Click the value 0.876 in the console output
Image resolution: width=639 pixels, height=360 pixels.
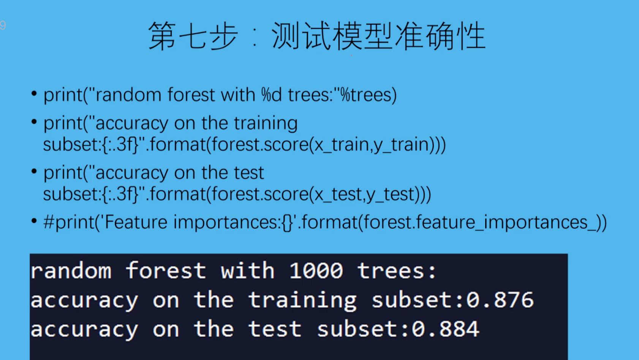pyautogui.click(x=500, y=300)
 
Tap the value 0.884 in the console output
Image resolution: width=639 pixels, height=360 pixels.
pyautogui.click(x=445, y=329)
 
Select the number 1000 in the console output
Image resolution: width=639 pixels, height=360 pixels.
pyautogui.click(x=316, y=270)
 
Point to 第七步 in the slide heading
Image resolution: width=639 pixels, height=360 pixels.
pyautogui.click(x=193, y=36)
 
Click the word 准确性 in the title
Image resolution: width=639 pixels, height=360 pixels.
pyautogui.click(x=440, y=36)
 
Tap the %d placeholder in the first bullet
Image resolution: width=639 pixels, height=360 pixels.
pyautogui.click(x=271, y=95)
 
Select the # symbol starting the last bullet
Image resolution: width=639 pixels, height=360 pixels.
pyautogui.click(x=49, y=222)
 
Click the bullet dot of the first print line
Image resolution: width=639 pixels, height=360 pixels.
pyautogui.click(x=34, y=93)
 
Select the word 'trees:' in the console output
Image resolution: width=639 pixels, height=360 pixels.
pyautogui.click(x=397, y=270)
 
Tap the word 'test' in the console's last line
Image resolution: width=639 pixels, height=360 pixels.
pyautogui.click(x=275, y=329)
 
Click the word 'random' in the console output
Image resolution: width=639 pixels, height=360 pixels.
pyautogui.click(x=71, y=270)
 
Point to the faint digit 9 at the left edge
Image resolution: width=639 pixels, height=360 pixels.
pyautogui.click(x=3, y=25)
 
